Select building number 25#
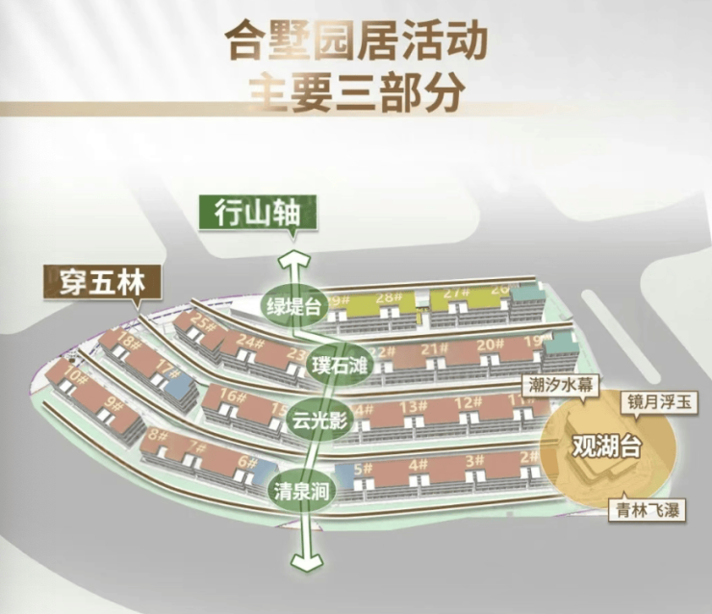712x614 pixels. (201, 321)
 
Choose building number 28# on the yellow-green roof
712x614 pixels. (389, 297)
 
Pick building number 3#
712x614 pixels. (475, 462)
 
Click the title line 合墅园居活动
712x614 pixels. (355, 42)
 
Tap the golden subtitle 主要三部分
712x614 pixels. (356, 92)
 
